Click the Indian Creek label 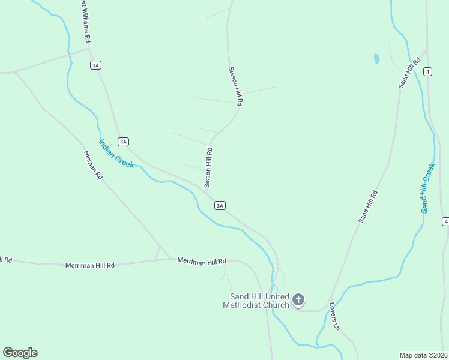(x=116, y=154)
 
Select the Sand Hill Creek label (x=427, y=188)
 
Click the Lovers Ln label (x=334, y=316)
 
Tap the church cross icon (x=298, y=300)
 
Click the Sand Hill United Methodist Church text (x=256, y=301)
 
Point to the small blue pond (x=376, y=59)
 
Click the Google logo (x=20, y=353)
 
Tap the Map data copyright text (x=423, y=355)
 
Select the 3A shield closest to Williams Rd (x=95, y=65)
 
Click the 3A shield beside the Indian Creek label (x=123, y=142)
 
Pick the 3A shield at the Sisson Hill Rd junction (x=220, y=205)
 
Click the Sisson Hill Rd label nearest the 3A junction (x=208, y=168)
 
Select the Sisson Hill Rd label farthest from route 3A (x=235, y=86)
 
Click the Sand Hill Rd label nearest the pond (x=409, y=73)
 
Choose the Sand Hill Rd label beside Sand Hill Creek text (x=367, y=207)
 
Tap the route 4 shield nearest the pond (x=427, y=71)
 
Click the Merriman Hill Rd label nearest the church (x=202, y=261)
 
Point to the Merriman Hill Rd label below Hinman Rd (x=89, y=265)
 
